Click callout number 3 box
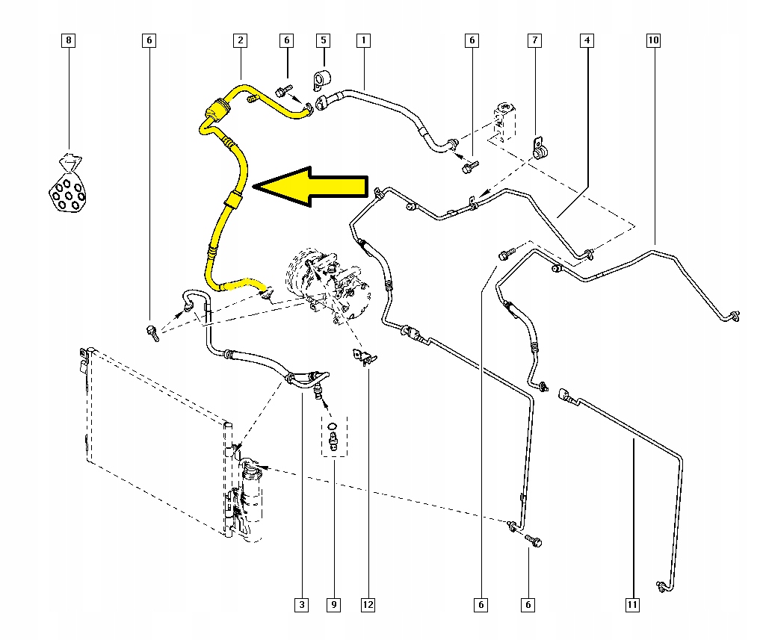(301, 604)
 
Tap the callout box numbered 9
(334, 604)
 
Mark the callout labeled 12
(368, 604)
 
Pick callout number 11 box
(632, 604)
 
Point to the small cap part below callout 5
(323, 78)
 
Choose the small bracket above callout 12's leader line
(363, 357)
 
